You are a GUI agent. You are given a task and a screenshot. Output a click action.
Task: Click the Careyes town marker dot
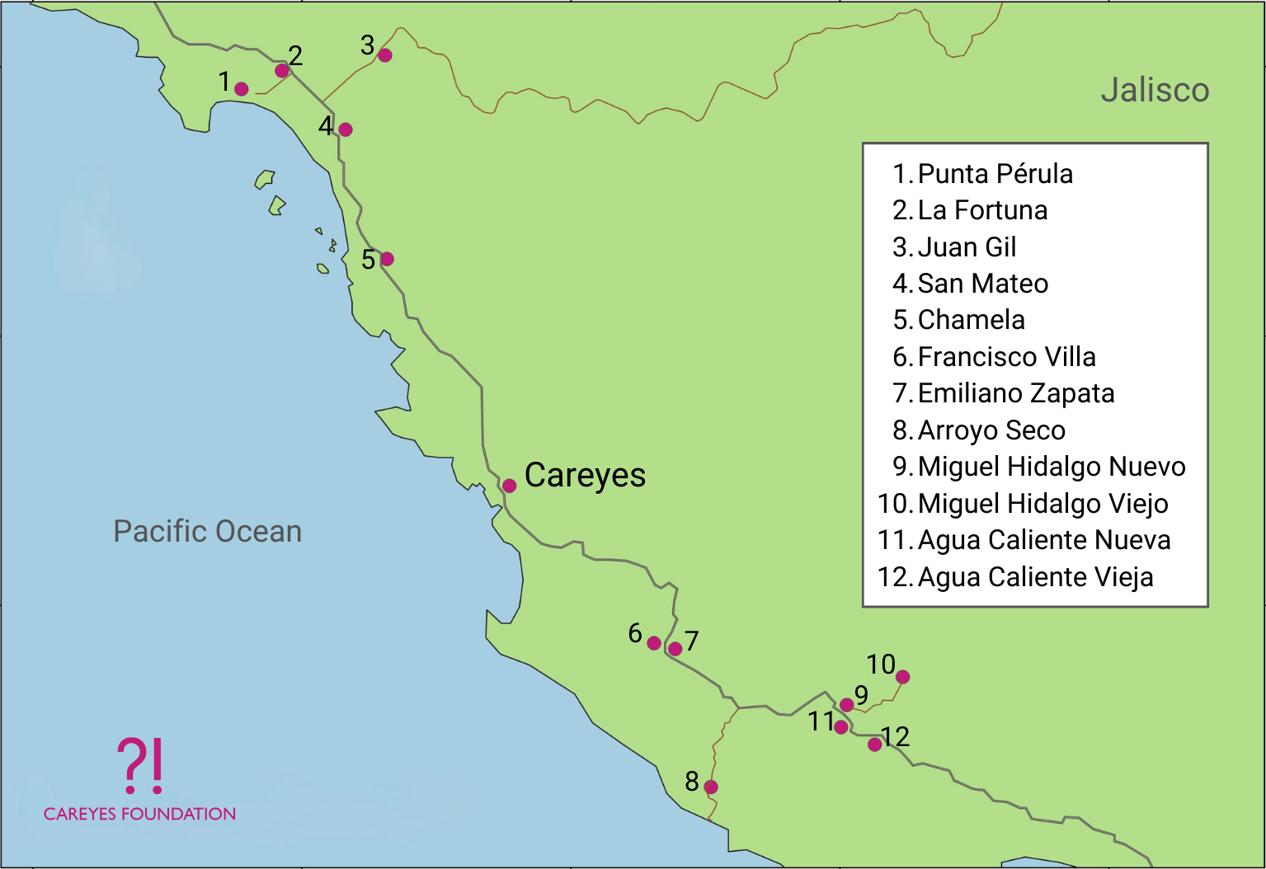coord(510,486)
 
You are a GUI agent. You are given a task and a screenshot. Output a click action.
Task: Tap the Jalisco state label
coord(1155,90)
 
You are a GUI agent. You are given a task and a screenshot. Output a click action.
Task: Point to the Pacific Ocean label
coord(207,532)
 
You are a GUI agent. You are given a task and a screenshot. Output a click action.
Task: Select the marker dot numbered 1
coord(242,89)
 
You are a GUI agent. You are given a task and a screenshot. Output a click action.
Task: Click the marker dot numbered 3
coord(385,55)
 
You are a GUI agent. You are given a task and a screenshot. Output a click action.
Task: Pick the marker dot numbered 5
coord(387,259)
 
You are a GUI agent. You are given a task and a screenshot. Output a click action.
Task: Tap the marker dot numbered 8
coord(711,787)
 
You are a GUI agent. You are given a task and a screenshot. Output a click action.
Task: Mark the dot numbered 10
coord(903,677)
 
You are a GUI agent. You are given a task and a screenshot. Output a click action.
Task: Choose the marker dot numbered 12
coord(874,745)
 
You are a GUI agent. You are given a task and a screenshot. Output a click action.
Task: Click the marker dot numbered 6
coord(654,643)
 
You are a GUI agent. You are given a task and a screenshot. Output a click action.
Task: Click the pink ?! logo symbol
coord(140,765)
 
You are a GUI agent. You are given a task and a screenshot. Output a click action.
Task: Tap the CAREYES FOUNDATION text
coord(139,814)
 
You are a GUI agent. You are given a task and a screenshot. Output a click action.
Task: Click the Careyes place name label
coord(585,476)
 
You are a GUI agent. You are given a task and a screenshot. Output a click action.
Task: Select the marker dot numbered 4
coord(346,129)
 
